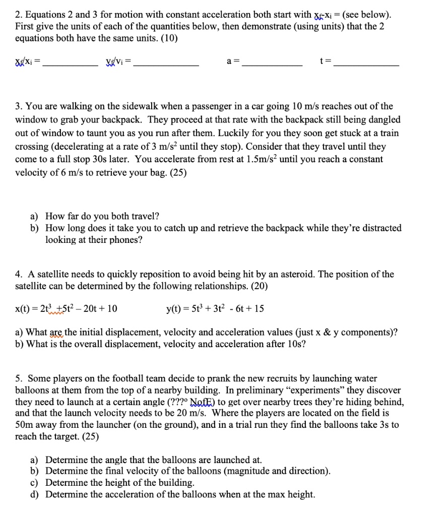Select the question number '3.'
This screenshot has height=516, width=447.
[x=18, y=106]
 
